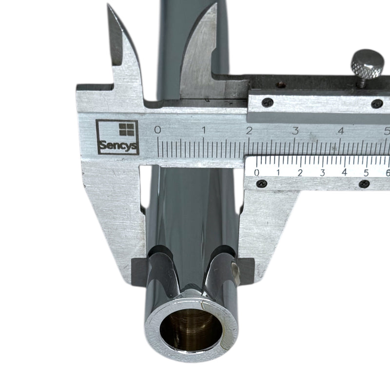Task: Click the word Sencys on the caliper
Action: point(118,145)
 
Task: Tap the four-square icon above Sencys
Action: point(127,129)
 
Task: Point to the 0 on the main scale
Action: point(157,130)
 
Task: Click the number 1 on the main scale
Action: point(204,130)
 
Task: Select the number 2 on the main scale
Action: point(249,131)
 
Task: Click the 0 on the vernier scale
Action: point(257,173)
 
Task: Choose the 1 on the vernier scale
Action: point(278,173)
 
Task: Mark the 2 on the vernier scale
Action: point(300,173)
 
